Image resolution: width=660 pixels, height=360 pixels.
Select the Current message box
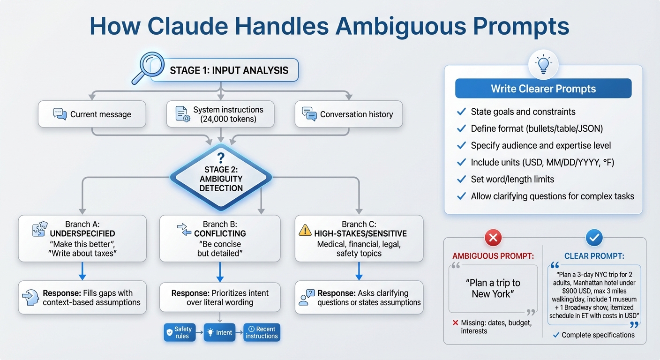click(92, 114)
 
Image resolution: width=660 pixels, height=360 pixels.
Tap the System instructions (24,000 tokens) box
click(220, 114)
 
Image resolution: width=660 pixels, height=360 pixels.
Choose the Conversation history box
click(348, 114)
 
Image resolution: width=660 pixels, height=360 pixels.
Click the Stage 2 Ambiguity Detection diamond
click(221, 178)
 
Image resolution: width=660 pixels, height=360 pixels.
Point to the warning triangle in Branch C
click(305, 230)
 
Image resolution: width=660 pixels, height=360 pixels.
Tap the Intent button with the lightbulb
click(219, 332)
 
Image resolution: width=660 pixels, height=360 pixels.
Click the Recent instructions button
click(262, 332)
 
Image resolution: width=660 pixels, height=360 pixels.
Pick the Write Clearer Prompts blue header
click(543, 89)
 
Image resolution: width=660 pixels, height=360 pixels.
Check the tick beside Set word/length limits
click(461, 179)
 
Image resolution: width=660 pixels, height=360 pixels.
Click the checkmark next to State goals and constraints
click(461, 112)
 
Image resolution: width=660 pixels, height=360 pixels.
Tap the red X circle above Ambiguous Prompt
click(493, 238)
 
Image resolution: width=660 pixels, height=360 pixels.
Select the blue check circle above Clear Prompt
click(594, 238)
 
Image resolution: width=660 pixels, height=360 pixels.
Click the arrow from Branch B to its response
click(220, 271)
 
